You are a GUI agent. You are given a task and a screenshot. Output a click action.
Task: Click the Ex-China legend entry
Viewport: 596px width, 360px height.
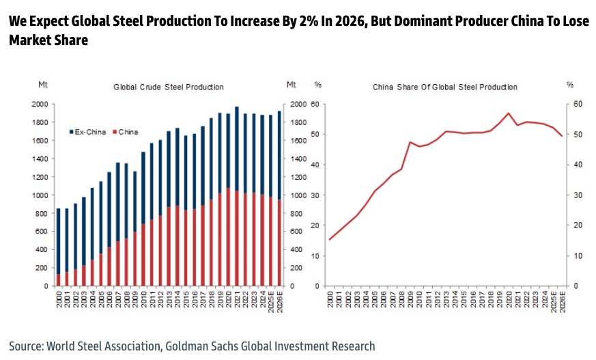(87, 132)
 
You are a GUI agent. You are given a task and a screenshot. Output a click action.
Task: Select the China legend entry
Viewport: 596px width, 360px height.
(126, 132)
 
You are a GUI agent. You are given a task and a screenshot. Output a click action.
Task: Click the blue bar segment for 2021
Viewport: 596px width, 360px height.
(237, 149)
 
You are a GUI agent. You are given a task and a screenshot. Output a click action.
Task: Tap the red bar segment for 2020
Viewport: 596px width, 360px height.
(228, 236)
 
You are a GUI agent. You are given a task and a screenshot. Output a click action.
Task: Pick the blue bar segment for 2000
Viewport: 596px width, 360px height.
(58, 241)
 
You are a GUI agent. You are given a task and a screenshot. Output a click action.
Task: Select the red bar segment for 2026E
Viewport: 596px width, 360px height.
(279, 243)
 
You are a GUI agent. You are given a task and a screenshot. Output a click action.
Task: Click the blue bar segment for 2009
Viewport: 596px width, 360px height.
(135, 201)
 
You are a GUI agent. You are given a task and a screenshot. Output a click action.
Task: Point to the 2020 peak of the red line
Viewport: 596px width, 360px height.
(508, 113)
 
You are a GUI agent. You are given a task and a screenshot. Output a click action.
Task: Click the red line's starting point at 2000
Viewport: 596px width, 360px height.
(329, 240)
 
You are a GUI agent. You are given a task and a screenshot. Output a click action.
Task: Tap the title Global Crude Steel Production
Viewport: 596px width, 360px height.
(169, 87)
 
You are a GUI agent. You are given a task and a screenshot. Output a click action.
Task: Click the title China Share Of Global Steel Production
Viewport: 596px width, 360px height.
(445, 87)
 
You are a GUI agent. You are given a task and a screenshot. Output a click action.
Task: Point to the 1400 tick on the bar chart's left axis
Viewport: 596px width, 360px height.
(39, 158)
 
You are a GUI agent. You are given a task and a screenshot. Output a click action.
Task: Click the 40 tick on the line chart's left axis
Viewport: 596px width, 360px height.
(316, 165)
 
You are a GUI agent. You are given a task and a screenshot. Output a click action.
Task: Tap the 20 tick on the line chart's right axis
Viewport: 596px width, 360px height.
(578, 225)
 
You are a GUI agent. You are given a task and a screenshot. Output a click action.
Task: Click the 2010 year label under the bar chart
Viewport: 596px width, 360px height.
(143, 299)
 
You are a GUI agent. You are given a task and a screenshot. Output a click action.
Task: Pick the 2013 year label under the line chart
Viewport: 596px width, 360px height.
(446, 299)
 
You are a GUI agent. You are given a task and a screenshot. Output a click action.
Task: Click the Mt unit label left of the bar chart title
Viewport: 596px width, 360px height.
(43, 85)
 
